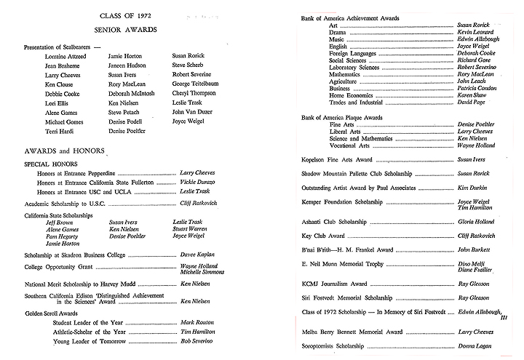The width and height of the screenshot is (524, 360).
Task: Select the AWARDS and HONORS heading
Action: [57, 151]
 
